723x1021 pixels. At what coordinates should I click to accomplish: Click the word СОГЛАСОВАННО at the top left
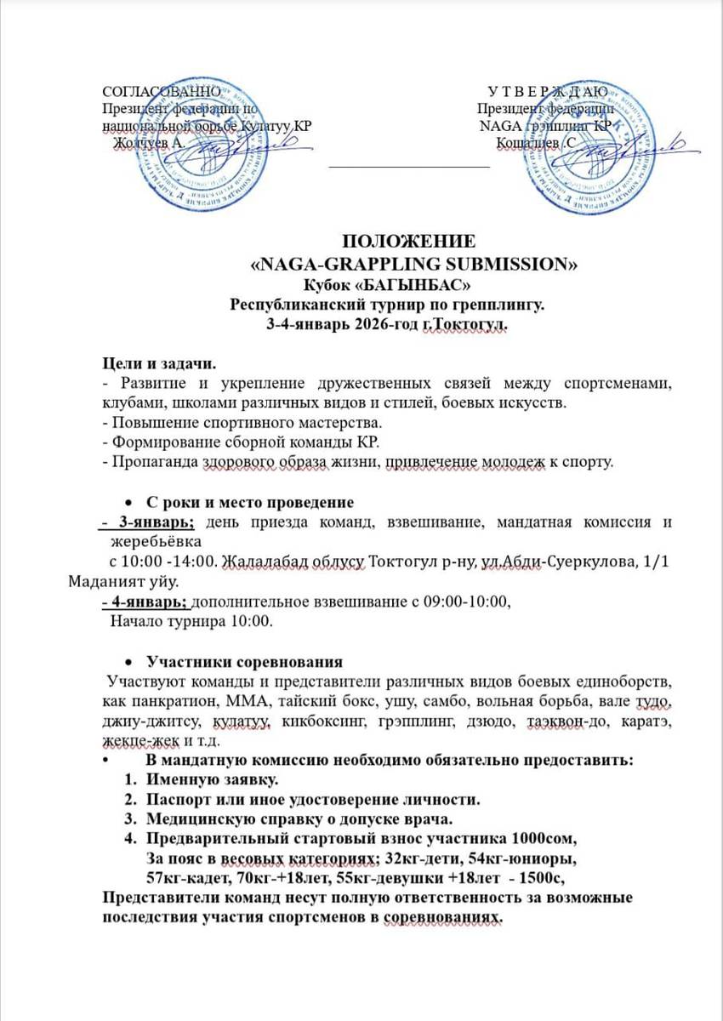click(162, 92)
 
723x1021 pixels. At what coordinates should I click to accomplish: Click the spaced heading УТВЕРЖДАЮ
click(548, 92)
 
